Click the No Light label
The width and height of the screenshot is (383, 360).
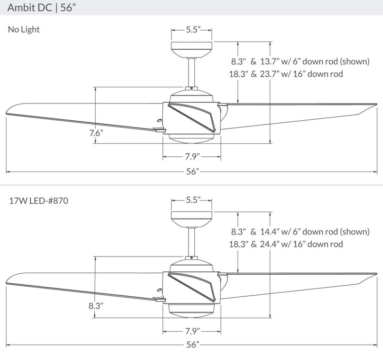tap(23, 30)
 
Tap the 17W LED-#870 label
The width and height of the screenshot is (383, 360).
tap(39, 201)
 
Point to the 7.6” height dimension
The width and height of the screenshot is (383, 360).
tap(96, 133)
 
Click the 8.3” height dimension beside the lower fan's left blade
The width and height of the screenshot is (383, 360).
tap(96, 306)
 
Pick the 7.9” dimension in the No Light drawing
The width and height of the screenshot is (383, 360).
tap(192, 157)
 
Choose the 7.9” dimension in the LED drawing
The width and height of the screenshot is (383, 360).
tap(192, 331)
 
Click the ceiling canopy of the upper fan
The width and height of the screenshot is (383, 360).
tap(191, 50)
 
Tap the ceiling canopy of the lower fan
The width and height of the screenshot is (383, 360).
tap(191, 220)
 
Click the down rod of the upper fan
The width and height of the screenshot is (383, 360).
tap(191, 72)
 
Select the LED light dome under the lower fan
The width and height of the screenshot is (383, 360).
tap(191, 311)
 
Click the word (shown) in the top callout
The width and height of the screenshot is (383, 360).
tap(355, 61)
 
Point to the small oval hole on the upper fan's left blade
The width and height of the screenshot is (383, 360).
tap(159, 120)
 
